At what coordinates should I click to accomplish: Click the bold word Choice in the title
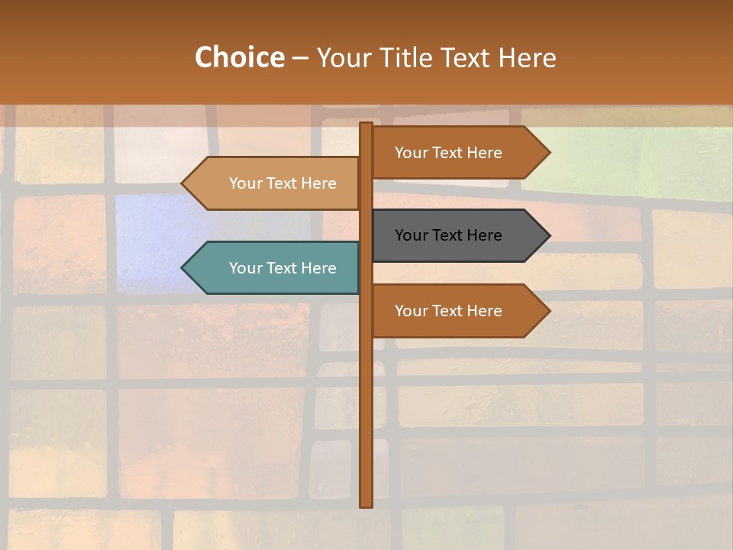239,58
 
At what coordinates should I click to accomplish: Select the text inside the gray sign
448,235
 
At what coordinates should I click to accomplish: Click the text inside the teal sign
283,268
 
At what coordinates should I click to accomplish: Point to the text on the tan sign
283,183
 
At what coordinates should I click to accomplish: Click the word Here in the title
527,58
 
